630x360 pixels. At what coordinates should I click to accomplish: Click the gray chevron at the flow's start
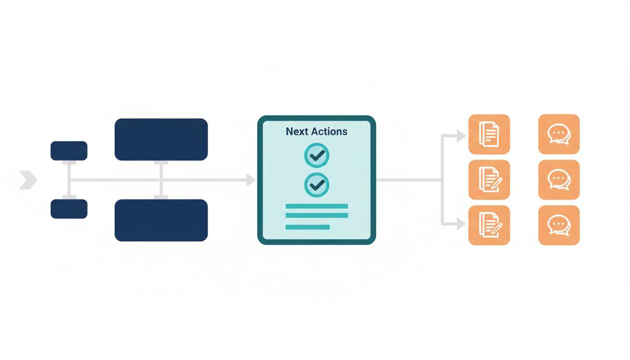[28, 180]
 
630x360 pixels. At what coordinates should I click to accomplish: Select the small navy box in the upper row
[69, 150]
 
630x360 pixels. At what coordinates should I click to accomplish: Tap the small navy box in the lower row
[69, 209]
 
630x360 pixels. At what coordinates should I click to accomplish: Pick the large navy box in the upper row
[161, 139]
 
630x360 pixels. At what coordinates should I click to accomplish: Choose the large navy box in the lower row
[161, 220]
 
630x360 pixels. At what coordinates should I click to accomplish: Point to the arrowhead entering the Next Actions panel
[251, 180]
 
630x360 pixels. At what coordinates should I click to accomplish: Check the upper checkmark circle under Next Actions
[317, 155]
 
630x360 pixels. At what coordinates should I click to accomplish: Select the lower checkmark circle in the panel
[317, 185]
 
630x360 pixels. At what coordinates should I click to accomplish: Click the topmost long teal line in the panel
[317, 206]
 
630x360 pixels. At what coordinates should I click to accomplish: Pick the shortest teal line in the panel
[307, 227]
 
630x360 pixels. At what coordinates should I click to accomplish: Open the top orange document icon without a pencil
[489, 135]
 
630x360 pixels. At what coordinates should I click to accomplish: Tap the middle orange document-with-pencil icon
[489, 180]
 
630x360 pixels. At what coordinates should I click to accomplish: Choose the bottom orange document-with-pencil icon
[489, 225]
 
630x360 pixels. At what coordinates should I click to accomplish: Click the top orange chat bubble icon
[559, 135]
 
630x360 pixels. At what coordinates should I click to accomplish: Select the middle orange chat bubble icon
[559, 180]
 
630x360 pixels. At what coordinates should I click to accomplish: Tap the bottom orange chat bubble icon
[559, 225]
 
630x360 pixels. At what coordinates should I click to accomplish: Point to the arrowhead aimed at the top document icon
[461, 136]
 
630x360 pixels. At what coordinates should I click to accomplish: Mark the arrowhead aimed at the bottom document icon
[461, 224]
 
